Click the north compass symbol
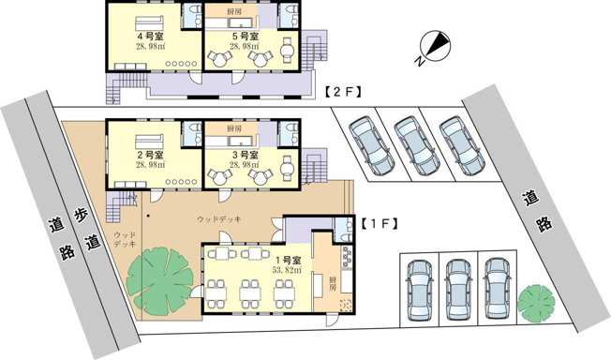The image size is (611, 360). point(433,47)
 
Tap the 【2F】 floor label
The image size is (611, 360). point(343,92)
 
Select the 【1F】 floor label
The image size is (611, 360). point(379,224)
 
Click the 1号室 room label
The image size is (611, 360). point(288,260)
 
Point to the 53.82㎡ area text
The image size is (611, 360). point(288,270)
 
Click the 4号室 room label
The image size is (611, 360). point(151,37)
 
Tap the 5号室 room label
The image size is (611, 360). point(246,37)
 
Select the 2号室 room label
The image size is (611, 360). point(151,155)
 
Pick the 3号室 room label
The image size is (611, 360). point(246,155)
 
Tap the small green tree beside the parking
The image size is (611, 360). point(536,303)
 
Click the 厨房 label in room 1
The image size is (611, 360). point(333,283)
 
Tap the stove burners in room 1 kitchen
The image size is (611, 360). point(347,257)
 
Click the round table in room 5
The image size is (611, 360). point(288,50)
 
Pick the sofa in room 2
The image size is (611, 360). point(149,142)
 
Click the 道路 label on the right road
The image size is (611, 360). point(537,212)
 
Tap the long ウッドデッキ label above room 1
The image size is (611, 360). point(218,219)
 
